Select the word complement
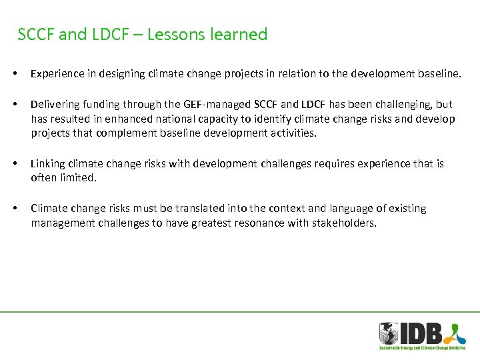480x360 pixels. pos(137,133)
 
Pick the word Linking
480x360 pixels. pos(47,163)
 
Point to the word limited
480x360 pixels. pos(78,177)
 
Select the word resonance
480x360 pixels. pos(255,223)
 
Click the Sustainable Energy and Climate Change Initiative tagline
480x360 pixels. pos(423,348)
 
